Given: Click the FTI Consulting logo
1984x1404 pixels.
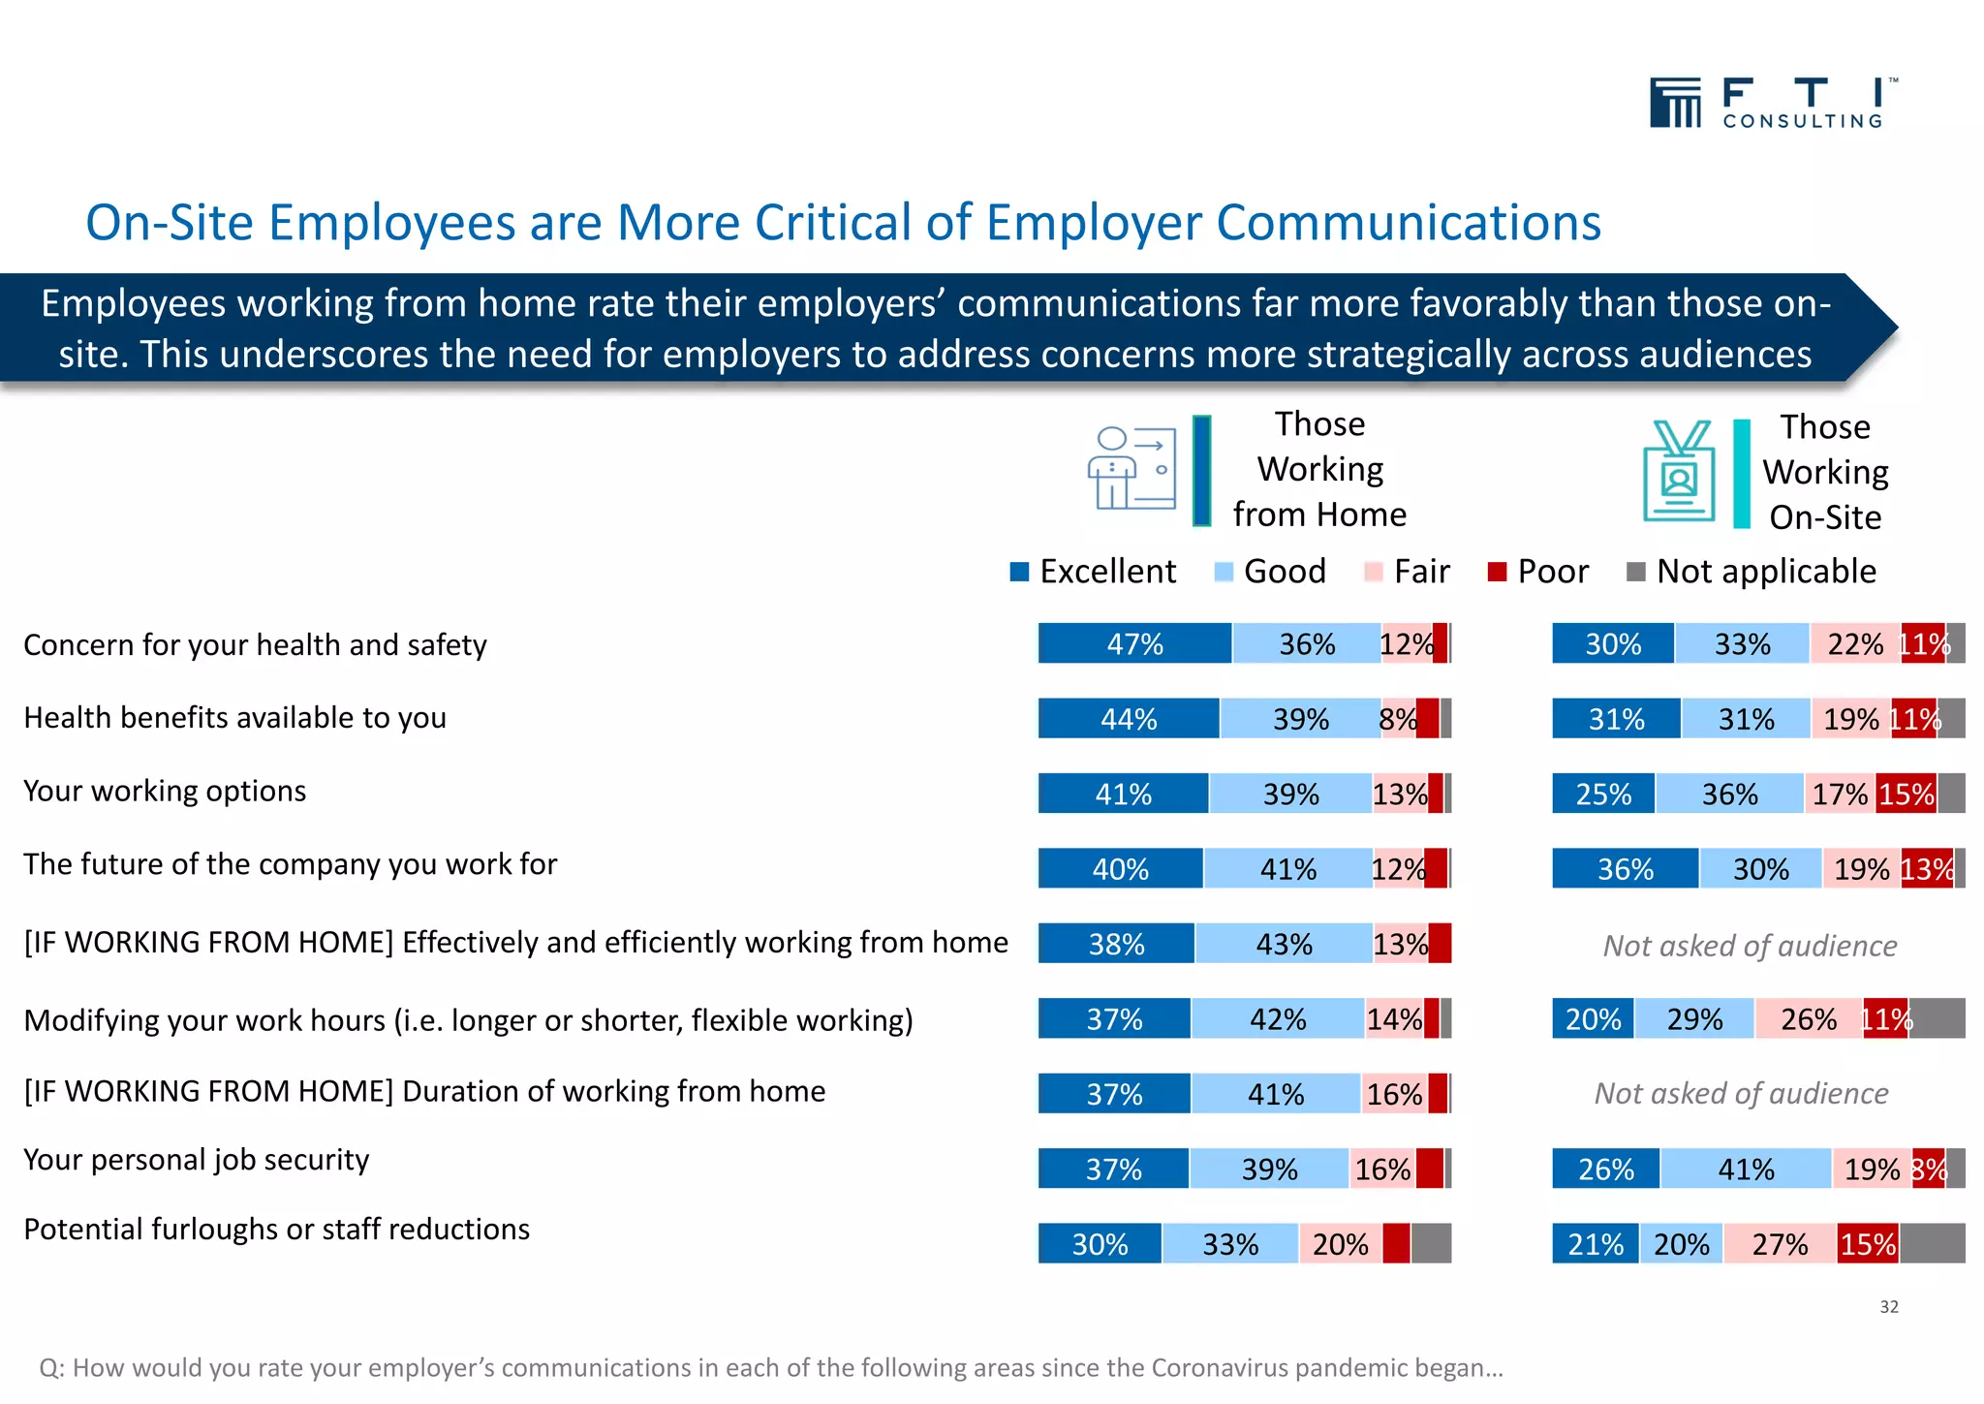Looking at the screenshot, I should click(1773, 103).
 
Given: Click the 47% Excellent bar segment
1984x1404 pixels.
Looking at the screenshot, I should click(1134, 643).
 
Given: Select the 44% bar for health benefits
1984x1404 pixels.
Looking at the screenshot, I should click(1129, 719).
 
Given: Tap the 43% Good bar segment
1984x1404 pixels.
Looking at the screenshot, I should click(1284, 944).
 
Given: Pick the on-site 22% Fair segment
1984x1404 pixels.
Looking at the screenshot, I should click(1855, 643).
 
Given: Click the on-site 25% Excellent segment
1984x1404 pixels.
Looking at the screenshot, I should click(1603, 794).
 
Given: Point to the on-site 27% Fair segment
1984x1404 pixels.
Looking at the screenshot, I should click(1780, 1244).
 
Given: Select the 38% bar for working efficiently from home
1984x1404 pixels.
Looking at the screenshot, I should click(1116, 944).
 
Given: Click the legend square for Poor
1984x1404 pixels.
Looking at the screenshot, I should click(1498, 572).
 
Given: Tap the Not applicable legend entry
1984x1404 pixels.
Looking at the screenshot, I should click(1751, 572).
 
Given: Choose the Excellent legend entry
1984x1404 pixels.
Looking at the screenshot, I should click(1093, 572).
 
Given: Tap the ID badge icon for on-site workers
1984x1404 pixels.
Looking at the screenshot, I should click(1679, 471).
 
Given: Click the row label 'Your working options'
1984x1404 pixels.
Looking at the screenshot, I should click(165, 791).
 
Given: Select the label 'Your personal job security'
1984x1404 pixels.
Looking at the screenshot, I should click(197, 1160).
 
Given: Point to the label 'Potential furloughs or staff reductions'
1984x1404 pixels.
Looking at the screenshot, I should click(277, 1229).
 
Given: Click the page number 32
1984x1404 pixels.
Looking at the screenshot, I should click(1889, 1307).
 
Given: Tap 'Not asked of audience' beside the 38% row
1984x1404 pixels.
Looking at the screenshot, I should click(1750, 946).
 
